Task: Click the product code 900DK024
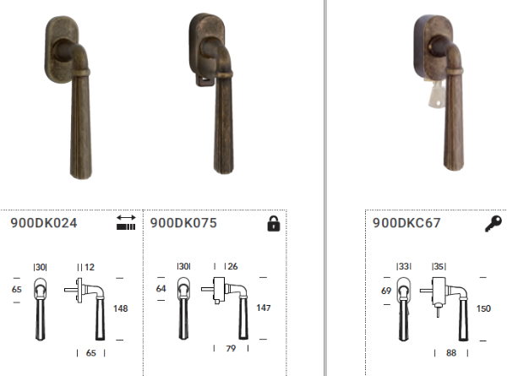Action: (44, 223)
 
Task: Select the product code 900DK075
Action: (183, 223)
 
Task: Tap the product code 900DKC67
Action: (406, 223)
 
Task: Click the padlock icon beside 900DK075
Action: (274, 223)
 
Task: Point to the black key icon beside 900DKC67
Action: (493, 224)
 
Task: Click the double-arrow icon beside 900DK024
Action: (126, 222)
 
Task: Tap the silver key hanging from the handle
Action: (434, 95)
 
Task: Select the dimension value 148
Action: (121, 308)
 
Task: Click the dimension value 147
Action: (263, 308)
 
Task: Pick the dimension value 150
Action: (483, 308)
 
